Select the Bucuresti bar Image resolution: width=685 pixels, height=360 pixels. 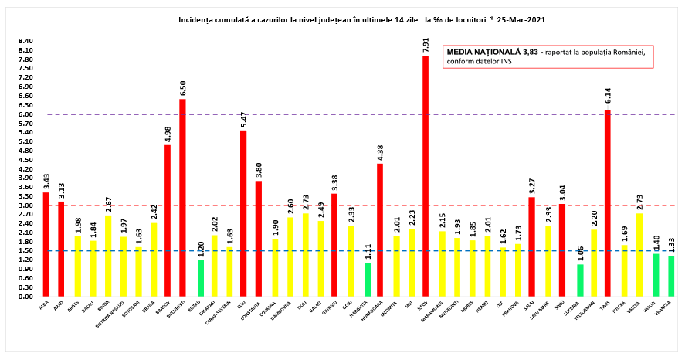182,198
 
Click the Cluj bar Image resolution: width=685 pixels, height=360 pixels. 243,213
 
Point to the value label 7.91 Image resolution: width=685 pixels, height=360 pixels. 426,43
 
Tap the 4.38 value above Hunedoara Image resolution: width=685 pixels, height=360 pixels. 380,152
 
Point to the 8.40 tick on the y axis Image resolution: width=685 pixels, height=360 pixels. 25,42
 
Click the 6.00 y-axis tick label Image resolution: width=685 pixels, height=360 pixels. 25,114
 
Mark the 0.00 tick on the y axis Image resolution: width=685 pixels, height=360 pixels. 25,297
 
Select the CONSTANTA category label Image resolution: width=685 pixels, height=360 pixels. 258,311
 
